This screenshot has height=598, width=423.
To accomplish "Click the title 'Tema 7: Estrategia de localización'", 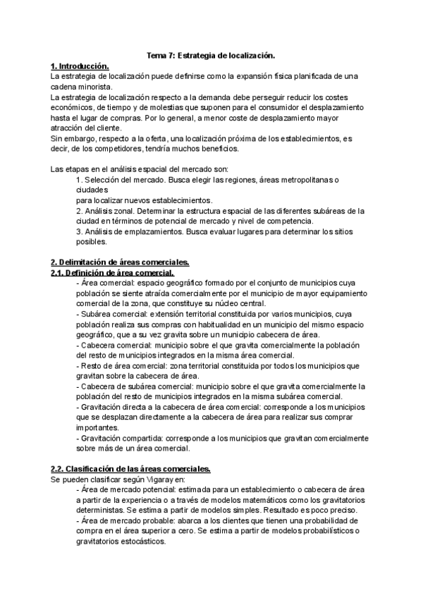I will pyautogui.click(x=210, y=55).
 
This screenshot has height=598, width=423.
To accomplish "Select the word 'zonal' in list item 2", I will pyautogui.click(x=118, y=211).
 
